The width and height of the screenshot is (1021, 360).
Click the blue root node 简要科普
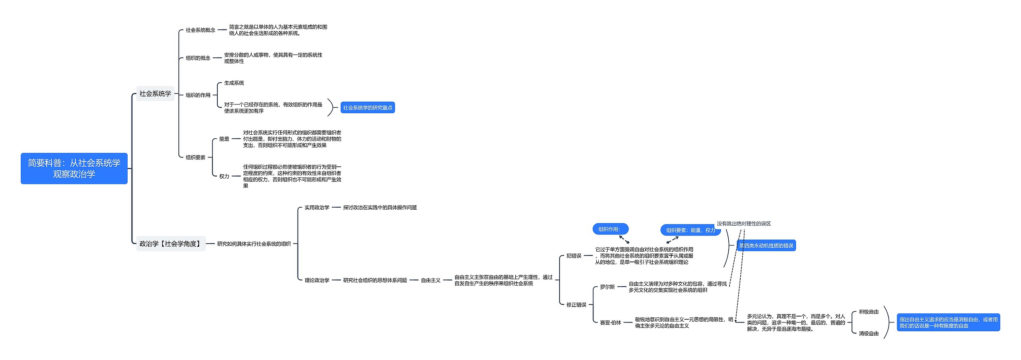[x=74, y=168]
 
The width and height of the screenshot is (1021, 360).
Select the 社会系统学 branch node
[x=155, y=94]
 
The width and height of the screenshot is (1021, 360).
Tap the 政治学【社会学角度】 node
[x=171, y=244]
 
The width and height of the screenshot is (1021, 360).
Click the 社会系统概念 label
[x=200, y=30]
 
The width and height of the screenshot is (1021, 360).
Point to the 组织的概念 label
[x=198, y=58]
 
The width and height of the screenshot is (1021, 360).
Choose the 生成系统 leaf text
[x=234, y=83]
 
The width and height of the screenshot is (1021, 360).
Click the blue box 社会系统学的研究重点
[x=367, y=108]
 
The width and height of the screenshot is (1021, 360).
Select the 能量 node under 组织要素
[x=224, y=139]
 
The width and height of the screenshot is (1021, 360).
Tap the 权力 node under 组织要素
[x=224, y=176]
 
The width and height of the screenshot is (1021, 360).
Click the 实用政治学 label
[x=317, y=207]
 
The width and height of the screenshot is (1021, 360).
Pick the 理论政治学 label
[x=317, y=280]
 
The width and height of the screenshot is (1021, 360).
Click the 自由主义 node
[x=431, y=280]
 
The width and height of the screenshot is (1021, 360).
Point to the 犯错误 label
[x=574, y=256]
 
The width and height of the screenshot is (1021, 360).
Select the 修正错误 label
[x=576, y=305]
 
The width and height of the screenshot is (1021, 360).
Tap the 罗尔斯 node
[x=607, y=287]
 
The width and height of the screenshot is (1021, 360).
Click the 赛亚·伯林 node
[x=611, y=323]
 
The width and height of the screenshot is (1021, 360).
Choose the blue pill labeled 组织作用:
[x=610, y=229]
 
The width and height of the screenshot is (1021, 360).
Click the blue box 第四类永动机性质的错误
[x=766, y=246]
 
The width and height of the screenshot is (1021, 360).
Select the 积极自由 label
[x=869, y=312]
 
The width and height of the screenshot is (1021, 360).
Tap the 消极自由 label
[x=869, y=333]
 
